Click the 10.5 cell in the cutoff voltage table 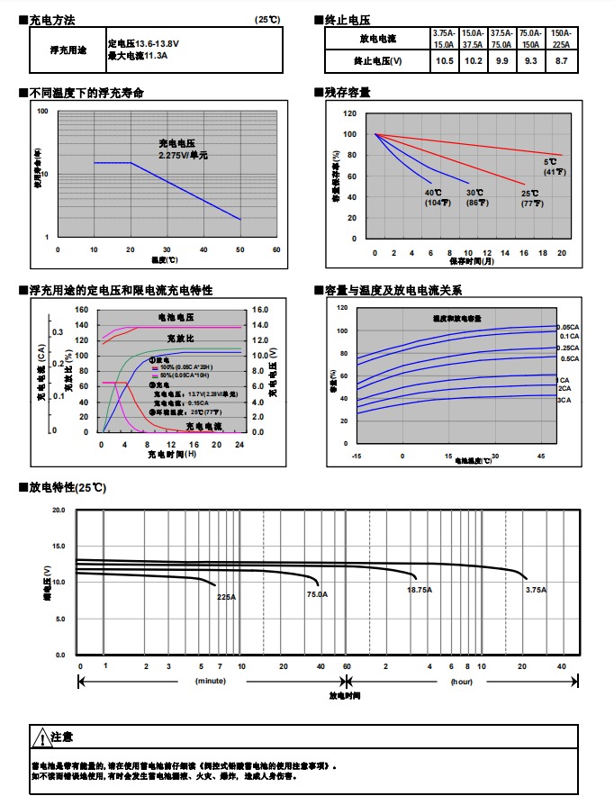(x=444, y=60)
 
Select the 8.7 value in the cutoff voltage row (x=562, y=60)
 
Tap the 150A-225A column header (x=562, y=38)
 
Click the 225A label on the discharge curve (x=226, y=596)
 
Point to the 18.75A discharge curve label (x=420, y=590)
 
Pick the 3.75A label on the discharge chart (x=536, y=590)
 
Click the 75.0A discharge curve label (x=317, y=594)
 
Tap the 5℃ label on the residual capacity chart (x=549, y=162)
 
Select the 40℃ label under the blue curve (x=433, y=193)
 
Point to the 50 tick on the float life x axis (x=239, y=249)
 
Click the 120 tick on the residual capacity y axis (x=349, y=114)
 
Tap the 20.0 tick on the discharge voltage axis (x=59, y=511)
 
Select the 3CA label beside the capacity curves (x=564, y=399)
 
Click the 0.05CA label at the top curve (x=568, y=327)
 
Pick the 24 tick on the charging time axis (x=239, y=445)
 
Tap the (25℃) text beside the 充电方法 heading (x=267, y=19)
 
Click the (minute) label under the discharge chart (x=211, y=682)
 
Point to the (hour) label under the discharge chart (x=462, y=682)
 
